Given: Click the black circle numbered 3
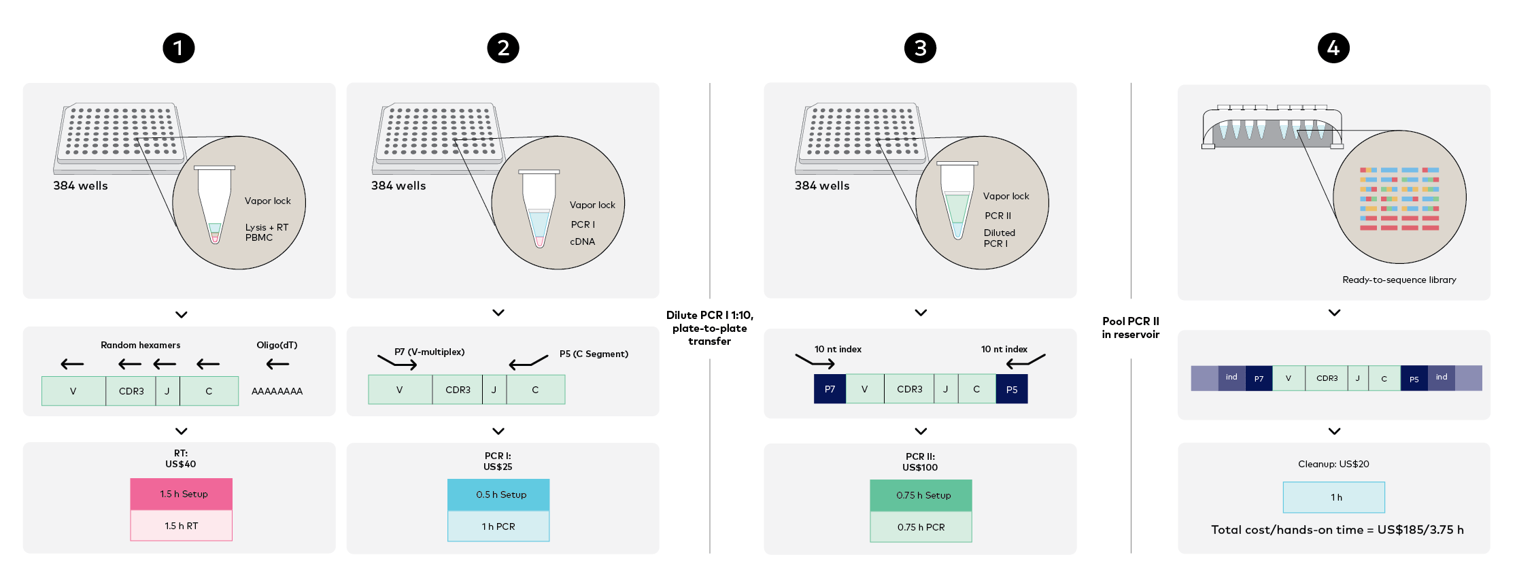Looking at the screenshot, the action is [919, 48].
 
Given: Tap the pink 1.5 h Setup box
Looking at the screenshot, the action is [182, 494].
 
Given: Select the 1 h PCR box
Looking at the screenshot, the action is [498, 526].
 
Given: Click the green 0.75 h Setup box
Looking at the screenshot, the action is [921, 495].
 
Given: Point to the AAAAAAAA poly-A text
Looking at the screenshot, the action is [277, 391].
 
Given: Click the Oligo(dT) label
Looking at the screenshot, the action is [277, 345].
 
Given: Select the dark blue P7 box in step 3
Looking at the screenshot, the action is [830, 389].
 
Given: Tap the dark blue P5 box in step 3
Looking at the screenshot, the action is [1011, 389].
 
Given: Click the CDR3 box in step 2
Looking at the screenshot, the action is [458, 390].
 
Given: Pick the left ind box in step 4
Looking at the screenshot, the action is [1231, 378].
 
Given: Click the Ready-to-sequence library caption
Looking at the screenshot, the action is [1399, 280].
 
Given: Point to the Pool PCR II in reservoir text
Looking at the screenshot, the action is [1130, 327].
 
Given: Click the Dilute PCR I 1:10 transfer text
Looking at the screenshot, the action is [709, 328].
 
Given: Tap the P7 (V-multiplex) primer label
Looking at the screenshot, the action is [429, 352].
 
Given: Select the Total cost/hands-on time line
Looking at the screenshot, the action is [1337, 530].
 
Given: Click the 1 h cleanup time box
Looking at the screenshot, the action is [1333, 497].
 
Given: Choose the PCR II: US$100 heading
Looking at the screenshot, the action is [920, 462].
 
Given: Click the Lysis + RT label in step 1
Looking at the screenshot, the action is [267, 227].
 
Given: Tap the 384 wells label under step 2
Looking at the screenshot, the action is [398, 186].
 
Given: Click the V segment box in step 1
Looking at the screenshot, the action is [73, 391].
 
